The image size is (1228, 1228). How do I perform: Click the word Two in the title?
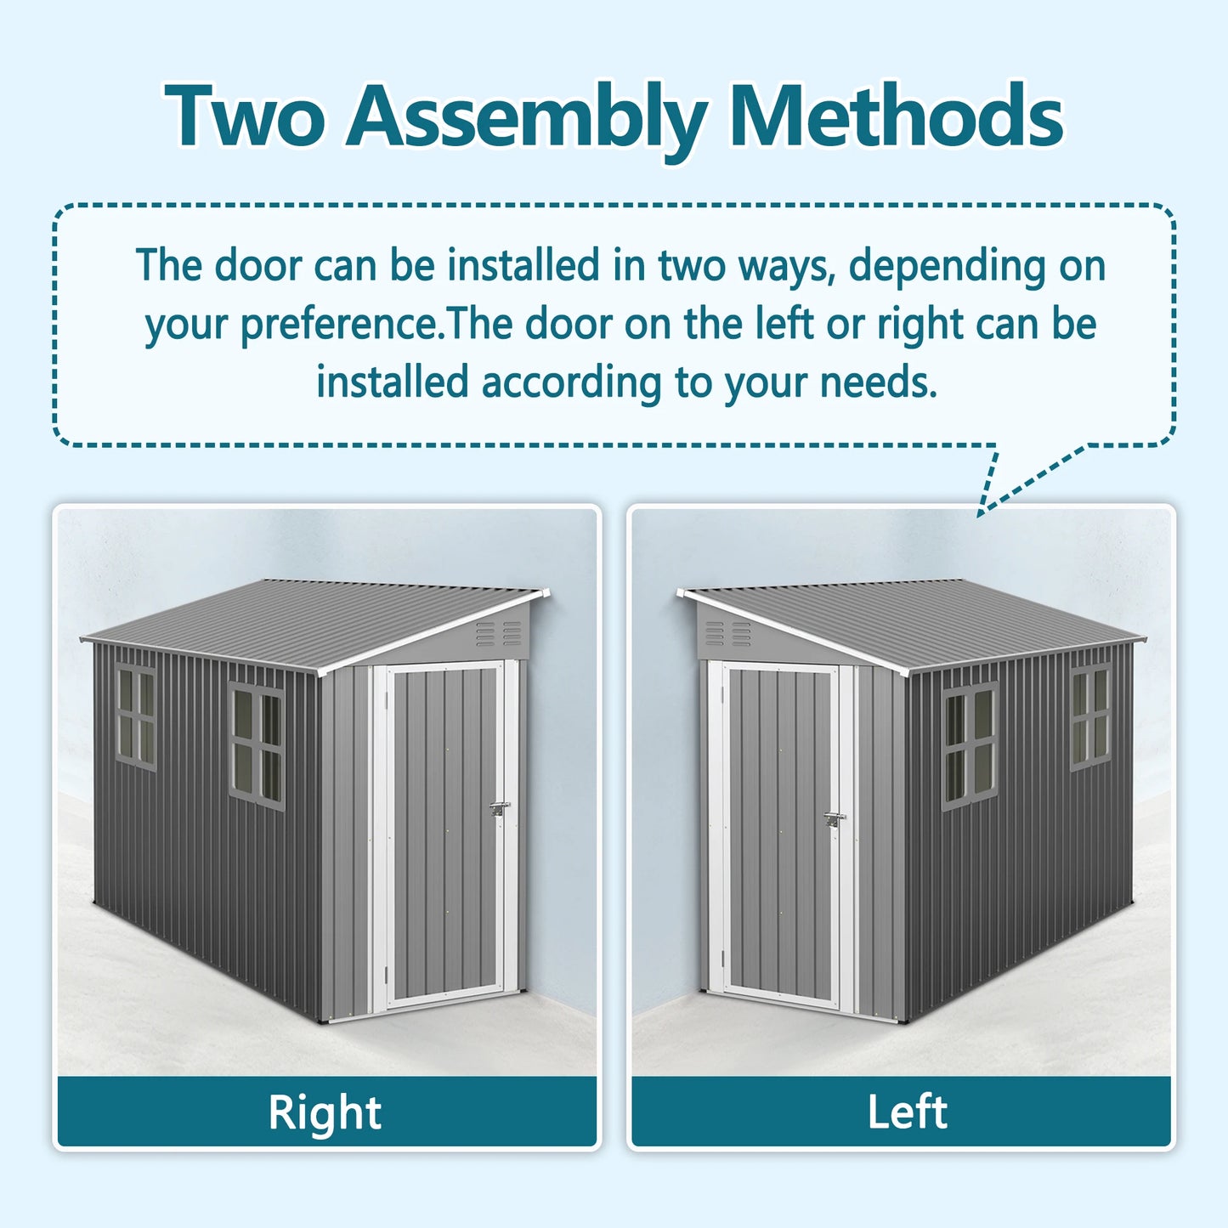[246, 116]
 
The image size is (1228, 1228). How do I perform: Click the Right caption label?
[325, 1112]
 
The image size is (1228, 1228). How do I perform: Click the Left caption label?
[907, 1112]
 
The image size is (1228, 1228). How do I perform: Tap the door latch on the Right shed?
[500, 807]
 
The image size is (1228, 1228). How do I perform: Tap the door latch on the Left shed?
[835, 819]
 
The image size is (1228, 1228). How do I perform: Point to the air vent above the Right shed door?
[499, 632]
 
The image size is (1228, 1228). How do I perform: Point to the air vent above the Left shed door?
[728, 633]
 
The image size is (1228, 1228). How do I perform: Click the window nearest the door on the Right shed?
[257, 746]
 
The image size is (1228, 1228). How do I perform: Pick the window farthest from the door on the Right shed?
[136, 716]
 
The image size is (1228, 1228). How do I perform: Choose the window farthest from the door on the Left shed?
[1090, 716]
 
